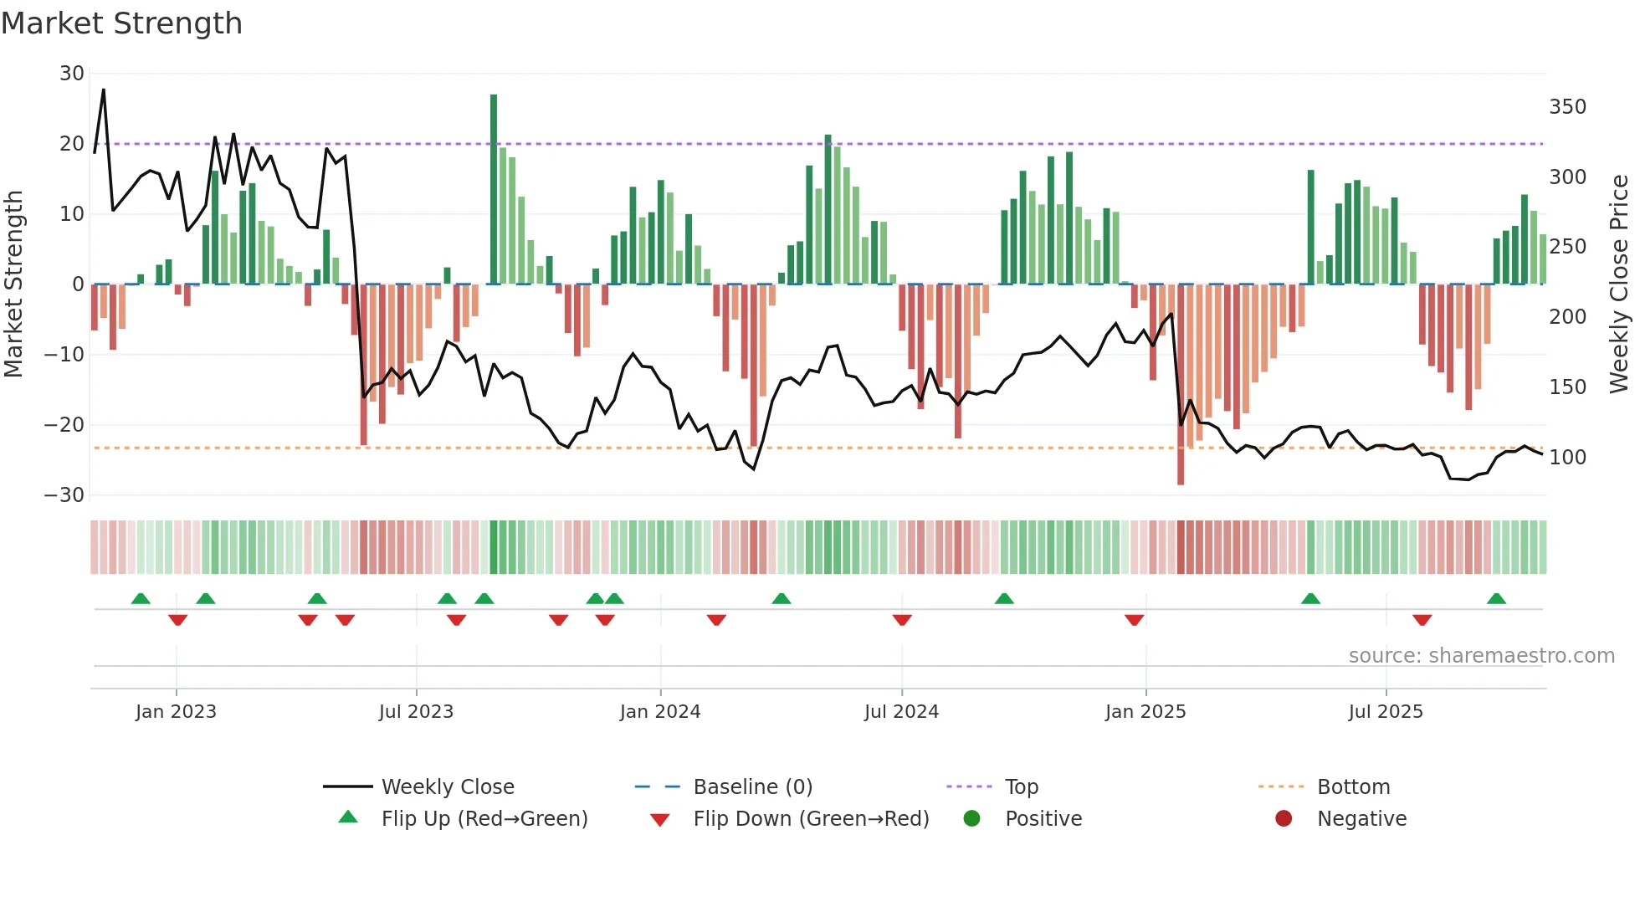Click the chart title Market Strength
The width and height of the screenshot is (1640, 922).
click(121, 23)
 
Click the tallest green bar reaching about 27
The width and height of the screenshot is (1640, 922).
click(494, 188)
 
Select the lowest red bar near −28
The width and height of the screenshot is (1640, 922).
click(1181, 385)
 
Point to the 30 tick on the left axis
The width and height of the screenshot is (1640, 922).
click(72, 74)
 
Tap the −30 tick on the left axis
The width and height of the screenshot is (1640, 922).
click(65, 495)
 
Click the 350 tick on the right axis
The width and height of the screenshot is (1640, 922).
click(1567, 107)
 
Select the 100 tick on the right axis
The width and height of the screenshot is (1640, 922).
click(1567, 458)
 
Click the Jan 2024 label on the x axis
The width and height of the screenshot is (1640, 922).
click(660, 712)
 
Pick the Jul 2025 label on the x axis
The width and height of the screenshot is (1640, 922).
click(1386, 712)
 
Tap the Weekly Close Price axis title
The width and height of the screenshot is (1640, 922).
click(1619, 284)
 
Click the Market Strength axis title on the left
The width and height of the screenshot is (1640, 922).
click(13, 284)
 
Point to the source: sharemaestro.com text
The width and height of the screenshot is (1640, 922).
click(1481, 656)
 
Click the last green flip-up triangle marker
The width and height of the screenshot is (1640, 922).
click(1496, 599)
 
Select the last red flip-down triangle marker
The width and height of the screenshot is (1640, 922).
click(1422, 620)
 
